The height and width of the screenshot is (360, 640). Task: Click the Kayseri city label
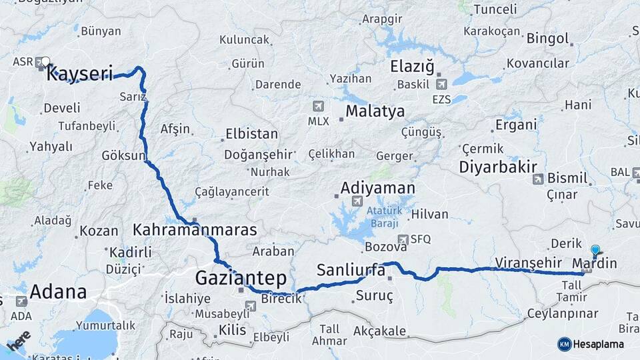point(79,73)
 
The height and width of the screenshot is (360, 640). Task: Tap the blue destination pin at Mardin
point(595,251)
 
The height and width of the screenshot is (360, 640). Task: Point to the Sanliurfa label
point(351,270)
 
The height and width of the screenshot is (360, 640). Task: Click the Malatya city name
point(375,111)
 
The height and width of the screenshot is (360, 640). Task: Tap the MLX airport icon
point(317,106)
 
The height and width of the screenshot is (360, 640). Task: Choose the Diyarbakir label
point(498,167)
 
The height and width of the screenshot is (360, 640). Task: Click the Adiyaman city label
point(377,188)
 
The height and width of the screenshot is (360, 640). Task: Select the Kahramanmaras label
point(195,230)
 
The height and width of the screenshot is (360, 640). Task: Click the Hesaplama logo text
point(598,344)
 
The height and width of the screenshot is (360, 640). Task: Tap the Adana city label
point(59,292)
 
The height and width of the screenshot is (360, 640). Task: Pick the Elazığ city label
point(412,67)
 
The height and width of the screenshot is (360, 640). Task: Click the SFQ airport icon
point(403,239)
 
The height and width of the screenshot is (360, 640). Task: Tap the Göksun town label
point(123,155)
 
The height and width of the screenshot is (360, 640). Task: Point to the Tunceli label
point(494,9)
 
